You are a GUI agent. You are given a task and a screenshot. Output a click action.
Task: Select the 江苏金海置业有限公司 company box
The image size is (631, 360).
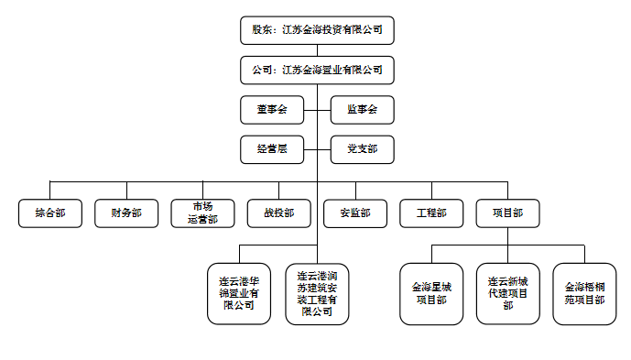click(317, 69)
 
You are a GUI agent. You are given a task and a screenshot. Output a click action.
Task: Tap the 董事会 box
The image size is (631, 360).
click(271, 110)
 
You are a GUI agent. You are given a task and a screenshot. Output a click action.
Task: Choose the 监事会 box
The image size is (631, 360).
click(362, 110)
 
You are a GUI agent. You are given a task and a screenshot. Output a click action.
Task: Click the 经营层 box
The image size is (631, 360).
click(271, 148)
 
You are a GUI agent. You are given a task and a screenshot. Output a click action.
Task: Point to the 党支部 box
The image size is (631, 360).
click(362, 148)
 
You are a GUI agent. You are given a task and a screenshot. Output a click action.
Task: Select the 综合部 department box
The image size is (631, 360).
click(49, 213)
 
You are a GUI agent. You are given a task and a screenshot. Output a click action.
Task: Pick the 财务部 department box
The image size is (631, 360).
click(126, 213)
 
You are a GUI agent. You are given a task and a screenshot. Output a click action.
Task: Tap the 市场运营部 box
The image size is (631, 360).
click(202, 213)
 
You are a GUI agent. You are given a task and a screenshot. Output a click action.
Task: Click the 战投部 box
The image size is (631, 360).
click(278, 213)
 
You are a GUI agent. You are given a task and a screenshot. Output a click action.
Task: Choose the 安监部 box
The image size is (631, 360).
click(355, 213)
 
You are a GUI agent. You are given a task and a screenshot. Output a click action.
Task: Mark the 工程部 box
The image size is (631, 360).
click(431, 213)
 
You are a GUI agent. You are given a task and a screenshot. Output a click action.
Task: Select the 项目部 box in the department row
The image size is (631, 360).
click(507, 213)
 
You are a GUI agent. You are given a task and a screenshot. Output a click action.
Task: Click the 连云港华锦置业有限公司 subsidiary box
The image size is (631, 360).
click(240, 293)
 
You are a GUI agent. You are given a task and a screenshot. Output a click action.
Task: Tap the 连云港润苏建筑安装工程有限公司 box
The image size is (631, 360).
click(317, 293)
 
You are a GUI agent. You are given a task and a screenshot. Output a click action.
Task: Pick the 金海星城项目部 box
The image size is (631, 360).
click(431, 293)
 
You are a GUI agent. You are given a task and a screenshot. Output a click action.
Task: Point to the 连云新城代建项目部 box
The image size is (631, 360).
click(507, 293)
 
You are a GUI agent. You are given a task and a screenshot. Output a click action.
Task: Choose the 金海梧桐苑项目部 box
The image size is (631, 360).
click(584, 293)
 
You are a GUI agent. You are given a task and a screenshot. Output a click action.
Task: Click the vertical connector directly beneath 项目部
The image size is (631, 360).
click(507, 236)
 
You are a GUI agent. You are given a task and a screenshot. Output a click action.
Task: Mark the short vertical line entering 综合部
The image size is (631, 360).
click(49, 190)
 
